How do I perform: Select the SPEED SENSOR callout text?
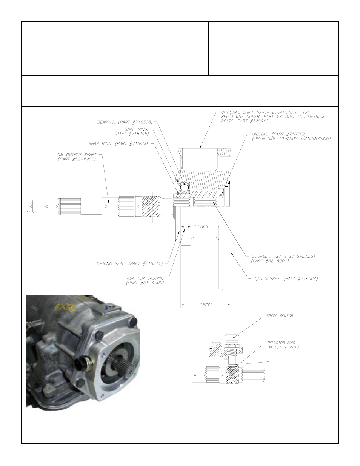pyautogui.click(x=280, y=315)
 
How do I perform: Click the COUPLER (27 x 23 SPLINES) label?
pyautogui.click(x=283, y=256)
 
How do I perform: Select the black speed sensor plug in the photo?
pyautogui.click(x=80, y=364)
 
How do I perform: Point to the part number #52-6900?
pyautogui.click(x=77, y=159)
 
